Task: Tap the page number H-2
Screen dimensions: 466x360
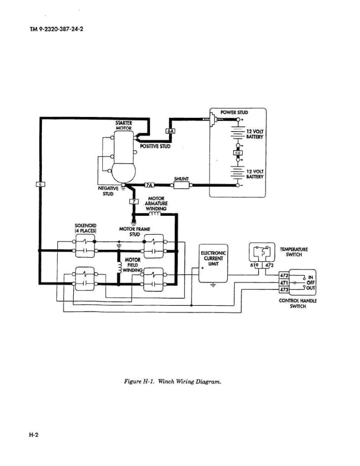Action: click(34, 435)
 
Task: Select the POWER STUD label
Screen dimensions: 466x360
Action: click(234, 112)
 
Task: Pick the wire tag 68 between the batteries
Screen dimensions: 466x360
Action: click(237, 152)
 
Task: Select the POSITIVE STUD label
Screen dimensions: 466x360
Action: click(155, 146)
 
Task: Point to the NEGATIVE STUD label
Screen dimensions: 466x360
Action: click(108, 190)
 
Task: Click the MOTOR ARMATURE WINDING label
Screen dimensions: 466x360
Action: click(156, 203)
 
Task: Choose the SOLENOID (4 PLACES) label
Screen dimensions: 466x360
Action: click(85, 228)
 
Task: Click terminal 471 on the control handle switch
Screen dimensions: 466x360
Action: click(284, 283)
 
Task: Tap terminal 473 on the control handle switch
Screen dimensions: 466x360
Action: click(284, 289)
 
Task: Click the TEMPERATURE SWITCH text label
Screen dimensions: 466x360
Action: click(294, 252)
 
